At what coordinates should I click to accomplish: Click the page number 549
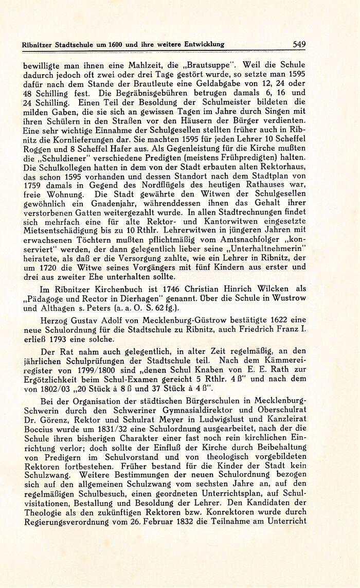(x=299, y=44)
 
